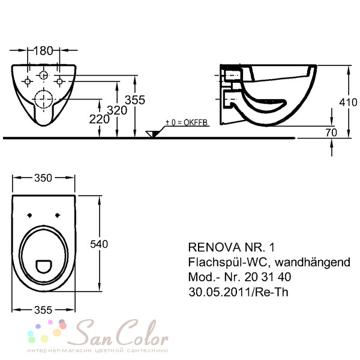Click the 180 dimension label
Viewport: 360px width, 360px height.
pos(43,50)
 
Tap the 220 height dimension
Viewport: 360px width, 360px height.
pos(99,119)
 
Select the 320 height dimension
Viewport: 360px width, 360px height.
pos(117,110)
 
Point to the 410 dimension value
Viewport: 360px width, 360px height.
pos(348,102)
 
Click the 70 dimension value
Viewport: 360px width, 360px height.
pos(331,133)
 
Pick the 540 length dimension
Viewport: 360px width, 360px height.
pos(99,244)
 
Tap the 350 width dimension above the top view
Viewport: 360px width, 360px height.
pos(43,178)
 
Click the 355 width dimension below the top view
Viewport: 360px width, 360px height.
pos(43,310)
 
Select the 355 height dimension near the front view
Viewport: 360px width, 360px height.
pos(135,100)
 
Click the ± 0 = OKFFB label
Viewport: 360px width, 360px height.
pos(187,122)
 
